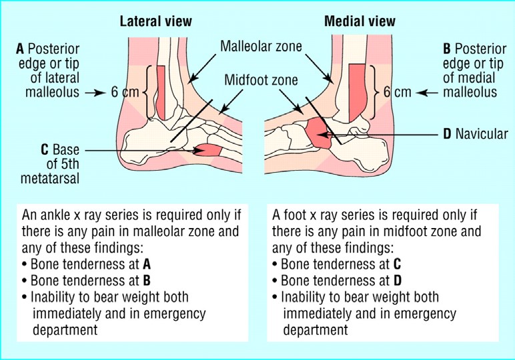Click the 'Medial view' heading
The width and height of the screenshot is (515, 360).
point(359,21)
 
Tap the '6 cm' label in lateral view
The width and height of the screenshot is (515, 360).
point(125,92)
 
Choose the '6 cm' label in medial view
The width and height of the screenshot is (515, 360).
point(397,92)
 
